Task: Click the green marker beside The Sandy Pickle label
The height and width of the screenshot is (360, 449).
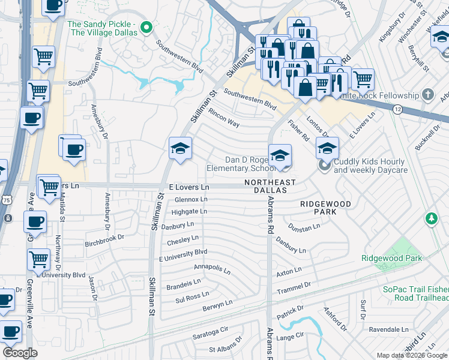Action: [x=147, y=26]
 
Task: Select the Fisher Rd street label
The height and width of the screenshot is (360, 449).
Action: [x=298, y=131]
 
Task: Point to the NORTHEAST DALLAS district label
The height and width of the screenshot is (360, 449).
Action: [x=270, y=186]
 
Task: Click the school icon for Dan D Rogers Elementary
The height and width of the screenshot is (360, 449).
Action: [x=280, y=156]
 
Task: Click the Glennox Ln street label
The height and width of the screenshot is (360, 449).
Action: [x=191, y=199]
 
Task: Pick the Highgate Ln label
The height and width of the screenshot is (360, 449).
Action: [x=189, y=212]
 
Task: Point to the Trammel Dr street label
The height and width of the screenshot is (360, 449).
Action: [x=294, y=289]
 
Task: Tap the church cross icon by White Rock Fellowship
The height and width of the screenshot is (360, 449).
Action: [x=427, y=95]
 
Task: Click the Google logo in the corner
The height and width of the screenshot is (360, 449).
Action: [x=20, y=353]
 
